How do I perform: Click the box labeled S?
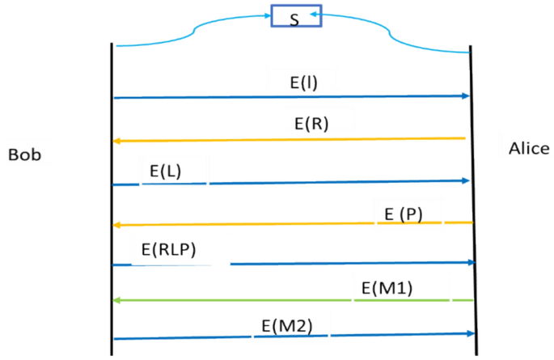(295, 17)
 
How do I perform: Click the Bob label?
(24, 155)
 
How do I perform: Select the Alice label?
(529, 148)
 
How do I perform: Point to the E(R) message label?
(311, 124)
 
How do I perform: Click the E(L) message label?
(166, 172)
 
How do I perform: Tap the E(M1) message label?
(387, 287)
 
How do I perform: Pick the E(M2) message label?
(286, 326)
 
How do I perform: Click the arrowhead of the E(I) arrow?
(465, 96)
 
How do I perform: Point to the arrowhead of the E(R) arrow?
(117, 141)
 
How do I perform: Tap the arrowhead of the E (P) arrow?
(117, 224)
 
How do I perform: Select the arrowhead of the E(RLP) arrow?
(469, 263)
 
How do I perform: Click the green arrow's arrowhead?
(117, 300)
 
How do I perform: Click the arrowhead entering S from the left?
(266, 15)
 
